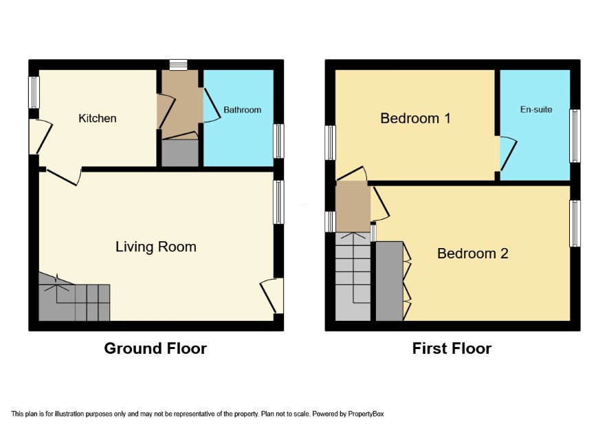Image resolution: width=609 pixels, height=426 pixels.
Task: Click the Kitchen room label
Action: [x=98, y=118]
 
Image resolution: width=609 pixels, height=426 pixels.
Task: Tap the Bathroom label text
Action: [x=242, y=110]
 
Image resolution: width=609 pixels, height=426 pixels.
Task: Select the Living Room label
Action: [x=156, y=247]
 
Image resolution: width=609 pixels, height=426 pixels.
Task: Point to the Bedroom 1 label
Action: [x=415, y=118]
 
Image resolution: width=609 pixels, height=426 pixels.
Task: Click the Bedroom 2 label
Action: [x=473, y=253]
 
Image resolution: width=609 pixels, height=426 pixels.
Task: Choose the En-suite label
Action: [x=536, y=109]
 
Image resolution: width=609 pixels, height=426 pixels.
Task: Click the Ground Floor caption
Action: [x=155, y=348]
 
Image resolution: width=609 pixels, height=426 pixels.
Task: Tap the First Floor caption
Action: [x=452, y=348]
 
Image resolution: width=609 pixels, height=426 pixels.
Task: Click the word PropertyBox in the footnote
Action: [x=366, y=414]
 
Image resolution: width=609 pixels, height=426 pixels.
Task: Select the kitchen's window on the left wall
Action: [x=34, y=93]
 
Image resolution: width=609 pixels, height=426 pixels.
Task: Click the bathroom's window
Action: [x=278, y=141]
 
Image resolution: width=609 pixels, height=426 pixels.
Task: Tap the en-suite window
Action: [x=575, y=136]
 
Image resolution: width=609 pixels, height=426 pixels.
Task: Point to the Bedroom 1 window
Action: [x=330, y=142]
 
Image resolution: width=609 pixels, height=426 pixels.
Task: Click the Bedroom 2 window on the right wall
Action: [x=575, y=223]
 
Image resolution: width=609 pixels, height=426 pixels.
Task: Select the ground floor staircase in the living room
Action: [x=74, y=297]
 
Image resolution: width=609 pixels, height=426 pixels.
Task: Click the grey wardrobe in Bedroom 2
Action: [x=389, y=281]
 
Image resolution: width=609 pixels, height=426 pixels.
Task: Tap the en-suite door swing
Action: [x=508, y=153]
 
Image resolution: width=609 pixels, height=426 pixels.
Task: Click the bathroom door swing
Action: [x=212, y=106]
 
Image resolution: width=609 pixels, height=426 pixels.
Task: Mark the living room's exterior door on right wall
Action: [x=272, y=296]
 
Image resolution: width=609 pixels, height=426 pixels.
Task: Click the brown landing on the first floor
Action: [x=352, y=207]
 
